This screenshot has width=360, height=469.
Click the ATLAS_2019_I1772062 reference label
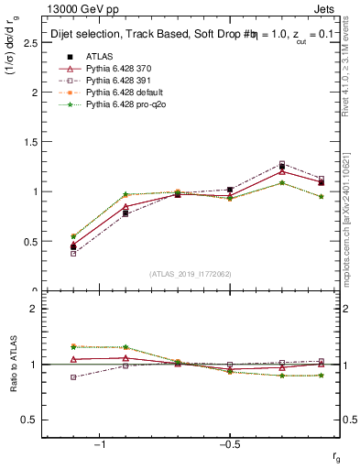[191, 274]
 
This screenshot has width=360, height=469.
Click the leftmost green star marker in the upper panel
[73, 236]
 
